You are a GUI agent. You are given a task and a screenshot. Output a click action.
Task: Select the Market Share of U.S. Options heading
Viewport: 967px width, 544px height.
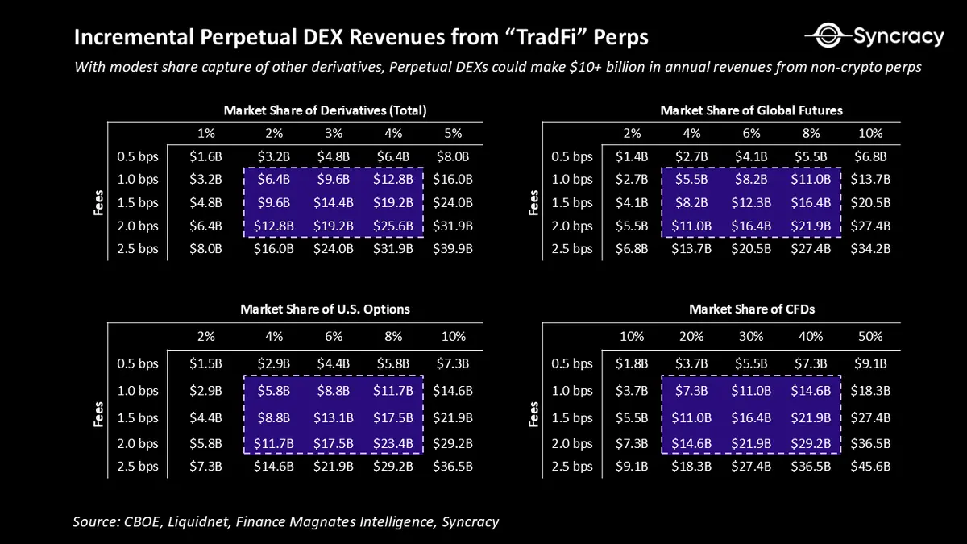[x=325, y=309]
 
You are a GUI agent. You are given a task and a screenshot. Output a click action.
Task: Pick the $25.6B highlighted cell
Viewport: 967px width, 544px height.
[x=392, y=226]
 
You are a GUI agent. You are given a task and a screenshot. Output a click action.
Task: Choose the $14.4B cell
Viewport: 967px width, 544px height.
[x=334, y=203]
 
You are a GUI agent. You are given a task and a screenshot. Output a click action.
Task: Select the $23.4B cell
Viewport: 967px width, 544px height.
[x=392, y=443]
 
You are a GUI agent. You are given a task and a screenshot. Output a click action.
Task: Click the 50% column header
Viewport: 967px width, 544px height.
[x=870, y=336]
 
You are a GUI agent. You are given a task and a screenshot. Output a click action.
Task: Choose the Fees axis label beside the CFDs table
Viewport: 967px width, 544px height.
[x=533, y=415]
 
